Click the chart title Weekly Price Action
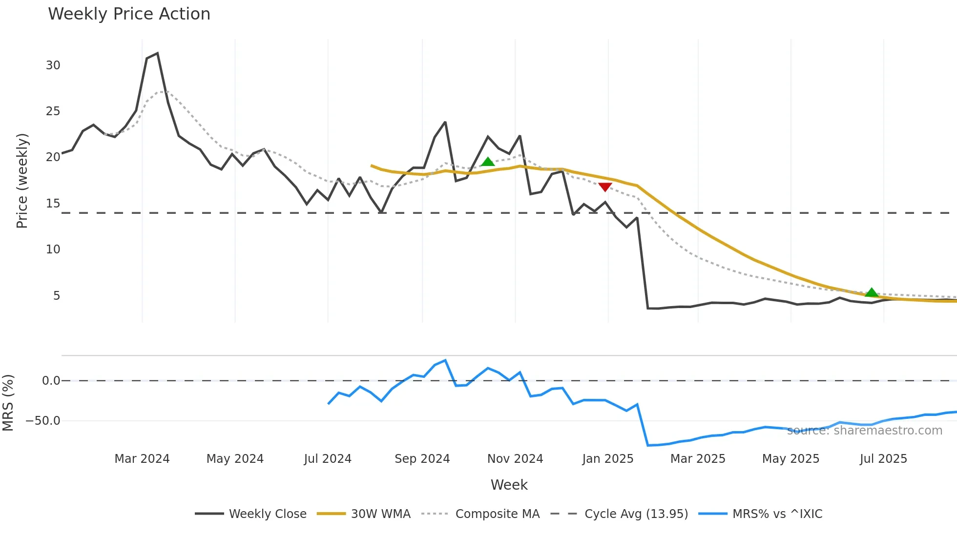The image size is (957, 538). click(129, 14)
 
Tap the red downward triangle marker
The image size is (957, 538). click(605, 187)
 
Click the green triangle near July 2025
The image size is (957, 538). click(872, 293)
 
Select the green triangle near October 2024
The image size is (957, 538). click(488, 162)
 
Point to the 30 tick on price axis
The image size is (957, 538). click(53, 65)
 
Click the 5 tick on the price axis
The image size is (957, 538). click(57, 296)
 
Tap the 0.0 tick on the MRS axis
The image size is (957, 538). click(51, 381)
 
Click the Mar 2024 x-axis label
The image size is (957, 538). click(142, 459)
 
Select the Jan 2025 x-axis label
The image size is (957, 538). click(608, 459)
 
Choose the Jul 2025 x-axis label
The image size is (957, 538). click(883, 459)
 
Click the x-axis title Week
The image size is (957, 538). click(509, 485)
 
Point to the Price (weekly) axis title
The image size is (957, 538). click(22, 181)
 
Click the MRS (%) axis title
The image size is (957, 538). click(8, 403)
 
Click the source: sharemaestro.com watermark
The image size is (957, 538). click(865, 431)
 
